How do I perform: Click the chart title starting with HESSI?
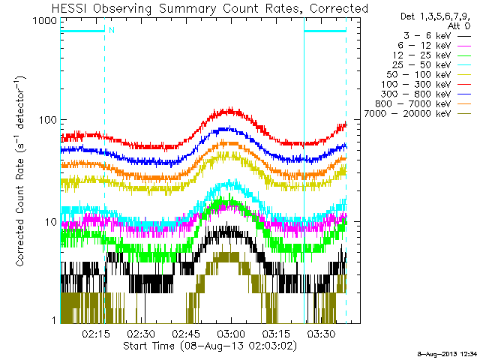click(210, 8)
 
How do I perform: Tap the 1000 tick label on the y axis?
click(45, 21)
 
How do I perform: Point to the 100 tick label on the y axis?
click(48, 120)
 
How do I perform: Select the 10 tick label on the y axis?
click(51, 222)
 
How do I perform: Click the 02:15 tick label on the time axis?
click(95, 333)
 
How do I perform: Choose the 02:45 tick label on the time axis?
click(186, 333)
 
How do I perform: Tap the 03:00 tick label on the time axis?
click(231, 333)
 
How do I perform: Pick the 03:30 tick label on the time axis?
click(321, 333)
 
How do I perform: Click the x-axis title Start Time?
click(210, 346)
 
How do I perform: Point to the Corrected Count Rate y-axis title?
click(19, 171)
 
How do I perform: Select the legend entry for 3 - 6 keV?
click(436, 36)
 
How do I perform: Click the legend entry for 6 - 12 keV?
click(434, 46)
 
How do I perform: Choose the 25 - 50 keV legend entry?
click(431, 65)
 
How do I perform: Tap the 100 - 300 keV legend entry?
click(426, 85)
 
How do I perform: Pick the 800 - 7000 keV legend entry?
click(423, 104)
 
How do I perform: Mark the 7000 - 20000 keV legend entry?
click(418, 114)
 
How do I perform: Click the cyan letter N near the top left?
click(112, 30)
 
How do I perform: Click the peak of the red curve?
click(230, 108)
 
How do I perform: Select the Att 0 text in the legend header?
click(458, 26)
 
